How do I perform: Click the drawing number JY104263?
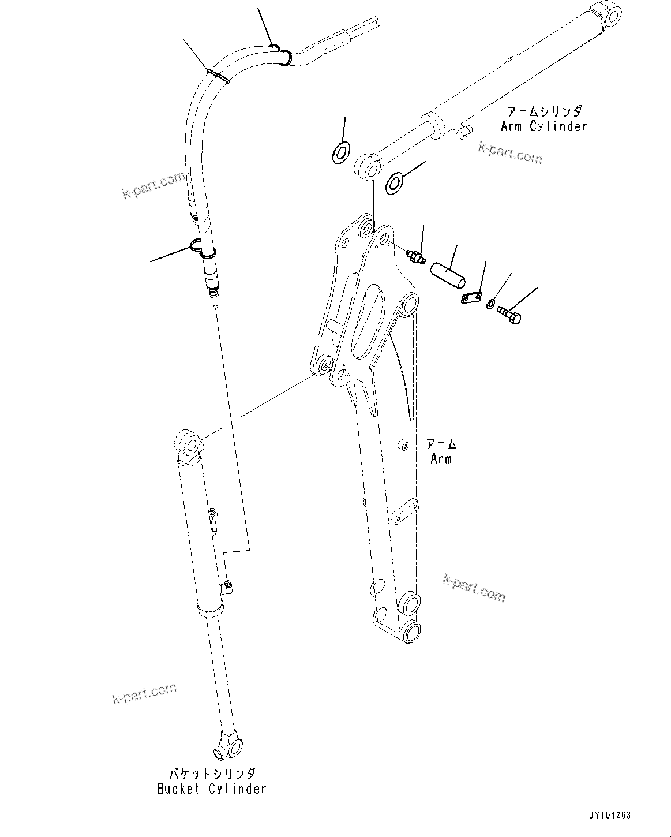click(609, 816)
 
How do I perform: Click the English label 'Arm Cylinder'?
click(543, 126)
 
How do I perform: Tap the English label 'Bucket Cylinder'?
click(211, 789)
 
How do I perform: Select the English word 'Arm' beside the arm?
click(441, 459)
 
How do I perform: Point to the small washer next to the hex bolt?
click(490, 304)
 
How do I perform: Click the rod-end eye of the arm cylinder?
click(368, 167)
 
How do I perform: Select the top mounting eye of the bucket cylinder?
click(188, 443)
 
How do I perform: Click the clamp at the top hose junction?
click(280, 54)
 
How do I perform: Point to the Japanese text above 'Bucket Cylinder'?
click(211, 774)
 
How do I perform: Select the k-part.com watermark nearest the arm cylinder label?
click(510, 153)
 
